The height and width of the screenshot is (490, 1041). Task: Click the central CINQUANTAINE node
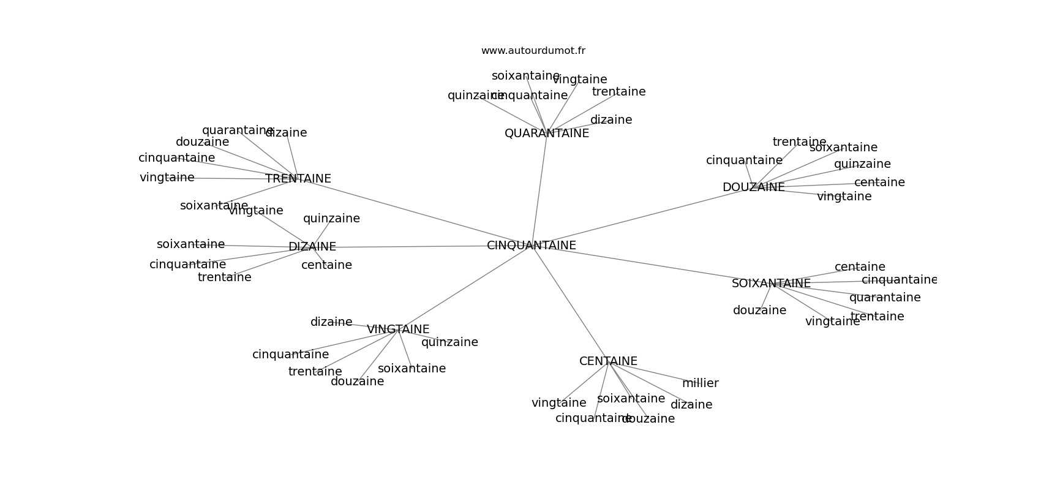point(531,246)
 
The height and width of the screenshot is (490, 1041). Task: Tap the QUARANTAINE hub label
point(546,134)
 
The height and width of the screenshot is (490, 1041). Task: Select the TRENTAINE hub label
point(298,179)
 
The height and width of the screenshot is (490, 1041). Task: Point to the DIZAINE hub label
point(312,247)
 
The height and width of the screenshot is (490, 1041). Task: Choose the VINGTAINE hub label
point(398,330)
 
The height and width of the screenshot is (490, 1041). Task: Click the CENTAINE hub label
point(608,361)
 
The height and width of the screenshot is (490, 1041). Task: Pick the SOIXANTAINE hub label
point(771,284)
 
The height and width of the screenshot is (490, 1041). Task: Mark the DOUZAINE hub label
point(753,187)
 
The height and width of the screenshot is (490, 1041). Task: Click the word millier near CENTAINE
point(700,383)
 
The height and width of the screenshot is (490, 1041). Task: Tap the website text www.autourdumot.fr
point(533,51)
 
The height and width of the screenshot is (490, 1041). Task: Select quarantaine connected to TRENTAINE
point(238,130)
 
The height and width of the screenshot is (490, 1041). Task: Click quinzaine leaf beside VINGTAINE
point(449,342)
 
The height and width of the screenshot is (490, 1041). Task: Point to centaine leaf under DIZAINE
point(326,265)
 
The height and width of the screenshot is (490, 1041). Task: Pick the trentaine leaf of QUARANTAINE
point(618,92)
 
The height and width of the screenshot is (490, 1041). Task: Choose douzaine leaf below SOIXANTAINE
point(759,311)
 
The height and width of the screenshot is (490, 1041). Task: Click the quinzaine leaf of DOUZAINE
point(862,164)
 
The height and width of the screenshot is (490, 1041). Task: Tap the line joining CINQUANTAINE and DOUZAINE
point(643,216)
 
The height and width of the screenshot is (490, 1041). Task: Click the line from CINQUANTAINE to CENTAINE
point(569,303)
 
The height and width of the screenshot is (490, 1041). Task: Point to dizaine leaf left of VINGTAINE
point(331,322)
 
